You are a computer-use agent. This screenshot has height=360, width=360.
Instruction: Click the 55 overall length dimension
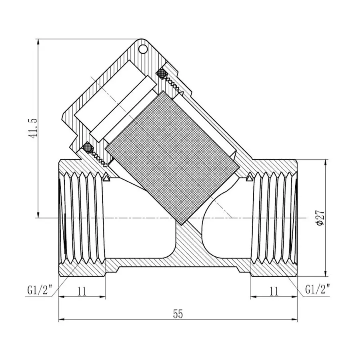coord(178,314)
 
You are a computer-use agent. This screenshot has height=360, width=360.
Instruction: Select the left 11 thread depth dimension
coord(82,292)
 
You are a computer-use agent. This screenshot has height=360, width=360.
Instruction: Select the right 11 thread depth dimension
coord(274,292)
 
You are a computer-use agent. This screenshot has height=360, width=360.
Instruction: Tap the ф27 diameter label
coord(320,217)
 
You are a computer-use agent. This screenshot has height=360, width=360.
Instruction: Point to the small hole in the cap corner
coord(143,50)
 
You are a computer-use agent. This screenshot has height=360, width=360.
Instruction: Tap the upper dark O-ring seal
coord(161,74)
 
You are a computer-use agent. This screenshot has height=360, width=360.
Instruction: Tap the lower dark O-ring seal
coord(87,147)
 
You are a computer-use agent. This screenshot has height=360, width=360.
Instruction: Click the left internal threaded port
coord(82,218)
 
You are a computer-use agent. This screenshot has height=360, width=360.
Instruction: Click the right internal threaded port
coord(274,218)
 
